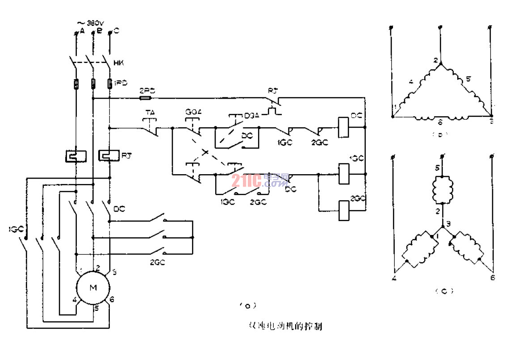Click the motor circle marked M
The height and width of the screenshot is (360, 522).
pyautogui.click(x=93, y=288)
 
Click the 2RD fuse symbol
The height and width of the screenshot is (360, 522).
pyautogui.click(x=146, y=97)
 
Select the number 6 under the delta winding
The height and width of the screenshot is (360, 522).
pyautogui.click(x=440, y=121)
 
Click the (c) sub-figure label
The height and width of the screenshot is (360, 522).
pyautogui.click(x=443, y=291)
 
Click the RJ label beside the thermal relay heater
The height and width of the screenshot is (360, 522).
pyautogui.click(x=126, y=155)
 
